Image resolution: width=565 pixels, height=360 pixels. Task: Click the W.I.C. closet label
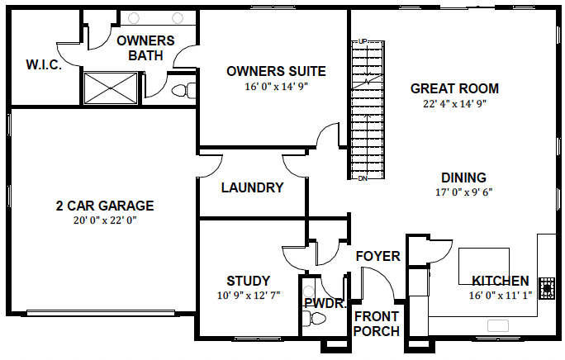[x=44, y=65]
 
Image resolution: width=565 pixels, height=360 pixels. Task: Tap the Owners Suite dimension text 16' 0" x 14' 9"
[x=277, y=87]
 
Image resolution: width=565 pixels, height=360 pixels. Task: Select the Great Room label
[x=454, y=88]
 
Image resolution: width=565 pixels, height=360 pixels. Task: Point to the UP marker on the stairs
[x=363, y=41]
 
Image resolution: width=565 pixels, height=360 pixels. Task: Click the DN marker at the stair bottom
[x=363, y=178]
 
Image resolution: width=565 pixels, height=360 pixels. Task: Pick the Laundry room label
[x=252, y=187]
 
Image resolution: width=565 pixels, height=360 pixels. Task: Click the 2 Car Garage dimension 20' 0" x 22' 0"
[x=105, y=220]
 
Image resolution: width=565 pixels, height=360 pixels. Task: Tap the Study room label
[x=249, y=281]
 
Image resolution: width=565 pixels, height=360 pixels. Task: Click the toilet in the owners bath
[x=183, y=90]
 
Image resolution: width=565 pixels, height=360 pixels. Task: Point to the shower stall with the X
[x=111, y=88]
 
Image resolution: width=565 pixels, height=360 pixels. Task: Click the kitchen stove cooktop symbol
[x=547, y=288]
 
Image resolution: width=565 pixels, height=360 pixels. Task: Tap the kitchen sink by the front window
[x=498, y=325]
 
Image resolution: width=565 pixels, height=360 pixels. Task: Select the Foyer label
[x=378, y=256]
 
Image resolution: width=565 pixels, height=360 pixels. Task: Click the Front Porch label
[x=377, y=324]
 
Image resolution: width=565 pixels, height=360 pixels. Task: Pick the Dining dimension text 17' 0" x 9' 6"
[x=463, y=192]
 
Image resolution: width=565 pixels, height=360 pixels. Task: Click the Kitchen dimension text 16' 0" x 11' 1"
[x=500, y=296]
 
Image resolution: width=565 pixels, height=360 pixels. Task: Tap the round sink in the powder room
[x=309, y=291]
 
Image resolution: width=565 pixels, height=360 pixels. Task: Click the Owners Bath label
[x=145, y=48]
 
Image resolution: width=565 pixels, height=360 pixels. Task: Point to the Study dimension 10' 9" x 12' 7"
[x=249, y=296]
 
